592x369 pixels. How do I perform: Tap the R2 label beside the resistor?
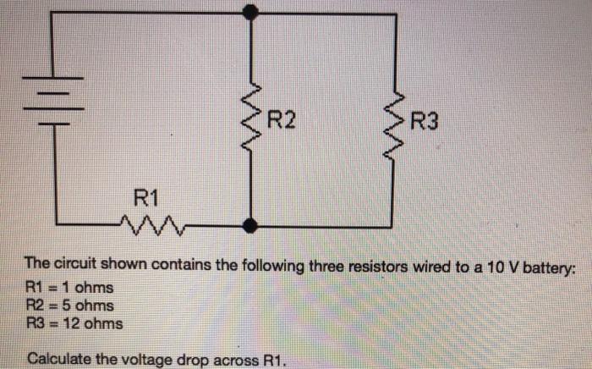click(x=282, y=121)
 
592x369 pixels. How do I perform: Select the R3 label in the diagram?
click(x=424, y=121)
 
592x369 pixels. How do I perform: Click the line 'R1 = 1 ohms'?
click(x=69, y=288)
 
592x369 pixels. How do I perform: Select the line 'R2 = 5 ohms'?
click(x=70, y=306)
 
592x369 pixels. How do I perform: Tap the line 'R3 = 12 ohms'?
click(x=74, y=323)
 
